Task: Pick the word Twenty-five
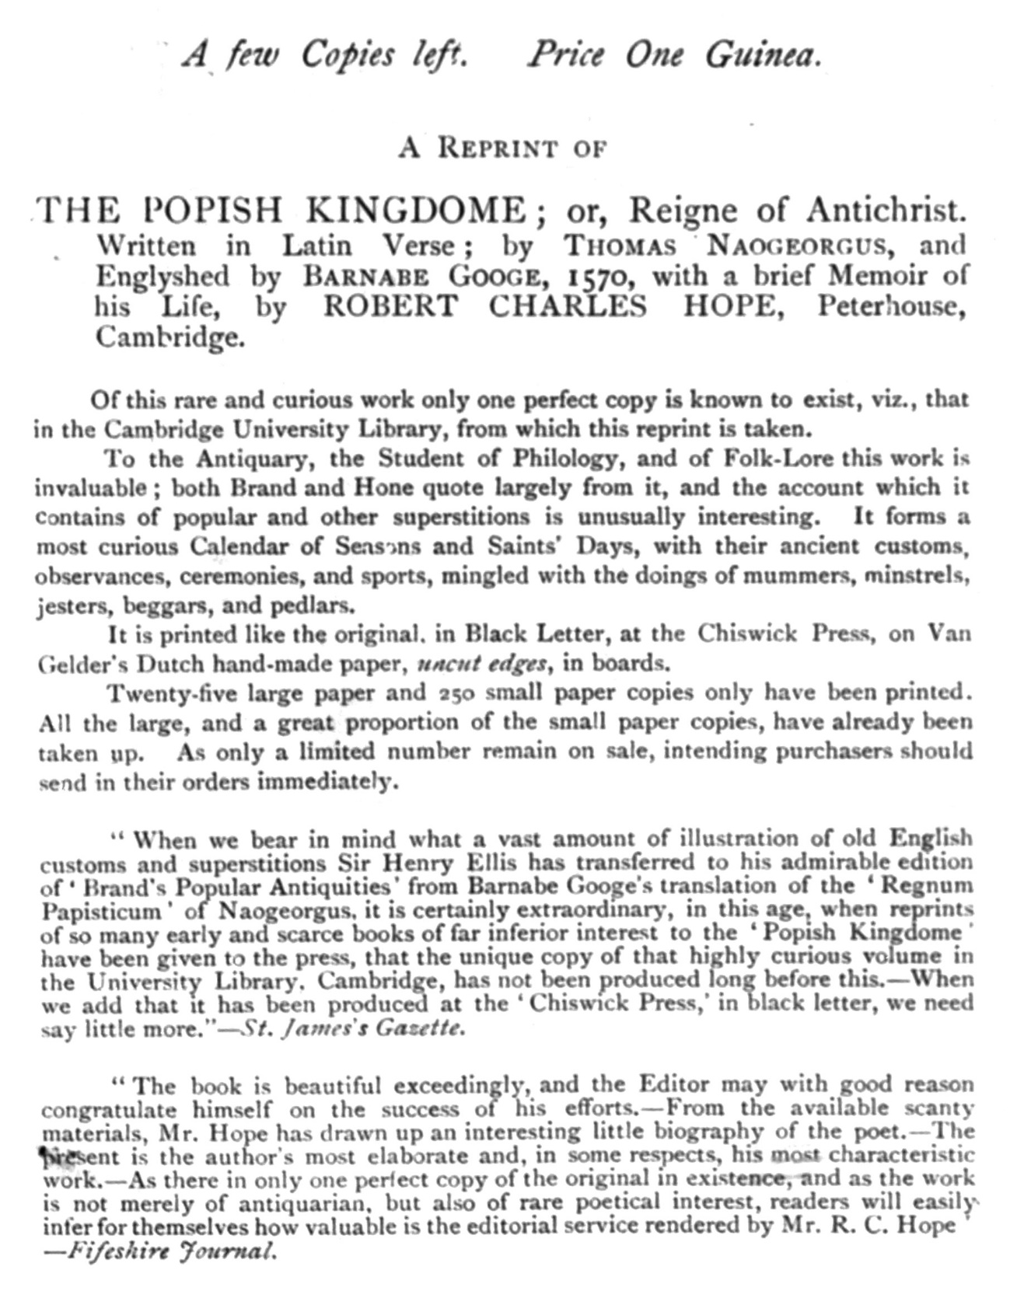(165, 693)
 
